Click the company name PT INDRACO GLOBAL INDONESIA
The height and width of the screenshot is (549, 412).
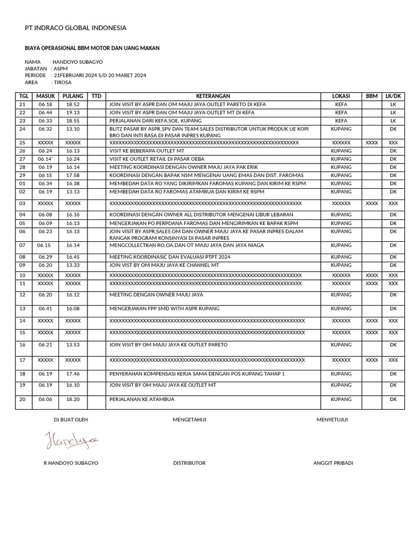point(76,28)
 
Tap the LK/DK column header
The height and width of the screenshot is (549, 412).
point(393,96)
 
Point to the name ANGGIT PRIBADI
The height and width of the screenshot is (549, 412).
point(333,463)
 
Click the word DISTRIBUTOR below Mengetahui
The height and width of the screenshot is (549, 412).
point(189,463)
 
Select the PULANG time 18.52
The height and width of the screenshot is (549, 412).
point(73,105)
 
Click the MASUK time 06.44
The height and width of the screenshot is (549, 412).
point(46,113)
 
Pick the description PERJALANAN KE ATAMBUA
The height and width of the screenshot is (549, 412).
point(142,399)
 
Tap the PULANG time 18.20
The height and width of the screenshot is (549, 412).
point(73,399)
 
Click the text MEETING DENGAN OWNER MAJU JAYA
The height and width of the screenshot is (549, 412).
point(156,295)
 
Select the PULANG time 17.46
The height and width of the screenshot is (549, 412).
point(73,374)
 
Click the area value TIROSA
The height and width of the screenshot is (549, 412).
point(62,83)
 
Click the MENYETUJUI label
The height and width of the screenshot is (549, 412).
point(332,420)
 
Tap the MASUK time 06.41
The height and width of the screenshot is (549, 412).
point(46,309)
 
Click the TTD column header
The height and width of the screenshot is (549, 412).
point(96,96)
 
